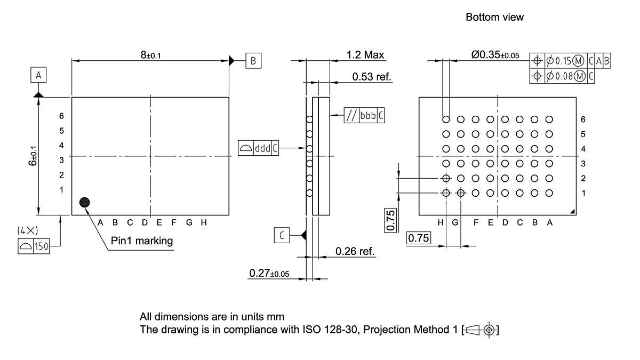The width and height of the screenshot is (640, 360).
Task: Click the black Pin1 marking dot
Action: (x=84, y=202)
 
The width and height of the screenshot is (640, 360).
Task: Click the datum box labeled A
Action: (x=38, y=76)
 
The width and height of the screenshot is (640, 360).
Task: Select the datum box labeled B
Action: (x=253, y=60)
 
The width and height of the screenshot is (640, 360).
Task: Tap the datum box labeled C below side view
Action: (x=282, y=235)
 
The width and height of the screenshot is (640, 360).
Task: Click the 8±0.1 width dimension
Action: (x=150, y=55)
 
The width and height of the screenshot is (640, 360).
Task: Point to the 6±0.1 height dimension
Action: (x=33, y=156)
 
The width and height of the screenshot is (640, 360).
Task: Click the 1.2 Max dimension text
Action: (x=365, y=54)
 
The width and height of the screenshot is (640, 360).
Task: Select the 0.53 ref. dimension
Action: (x=372, y=77)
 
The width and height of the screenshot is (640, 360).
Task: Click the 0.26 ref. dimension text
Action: (x=355, y=251)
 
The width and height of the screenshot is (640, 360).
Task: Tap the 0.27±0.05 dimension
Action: (x=269, y=274)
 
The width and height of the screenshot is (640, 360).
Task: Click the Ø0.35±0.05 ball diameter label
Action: (x=495, y=54)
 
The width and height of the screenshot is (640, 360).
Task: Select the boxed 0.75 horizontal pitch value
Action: (x=419, y=238)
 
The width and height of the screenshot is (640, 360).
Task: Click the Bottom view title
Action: (x=494, y=17)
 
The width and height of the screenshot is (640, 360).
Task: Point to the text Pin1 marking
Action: (x=142, y=241)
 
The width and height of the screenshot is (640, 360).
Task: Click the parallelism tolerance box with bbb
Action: (x=364, y=116)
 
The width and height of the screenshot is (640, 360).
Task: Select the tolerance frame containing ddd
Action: (x=258, y=148)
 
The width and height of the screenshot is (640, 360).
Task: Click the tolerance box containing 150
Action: (x=34, y=247)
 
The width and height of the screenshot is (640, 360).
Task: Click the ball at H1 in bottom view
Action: (x=446, y=193)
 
